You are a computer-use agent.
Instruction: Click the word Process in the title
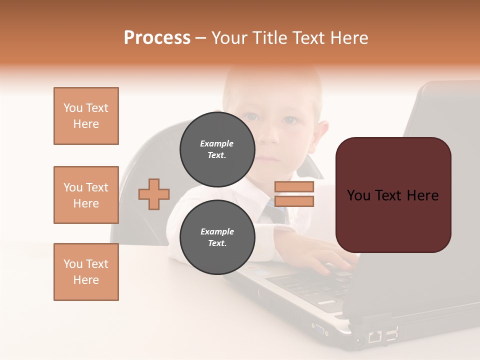click(x=157, y=38)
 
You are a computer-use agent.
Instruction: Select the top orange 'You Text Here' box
click(x=86, y=116)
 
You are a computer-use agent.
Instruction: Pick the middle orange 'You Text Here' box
click(x=86, y=195)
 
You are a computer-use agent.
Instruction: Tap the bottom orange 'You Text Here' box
click(x=86, y=272)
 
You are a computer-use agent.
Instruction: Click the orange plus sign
click(x=154, y=194)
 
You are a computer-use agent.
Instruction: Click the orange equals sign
click(x=294, y=194)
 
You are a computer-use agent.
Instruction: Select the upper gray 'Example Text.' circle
click(x=217, y=149)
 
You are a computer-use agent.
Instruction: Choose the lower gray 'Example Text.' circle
click(x=217, y=237)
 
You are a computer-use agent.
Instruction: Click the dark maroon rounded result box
click(x=393, y=195)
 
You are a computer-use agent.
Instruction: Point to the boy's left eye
click(x=289, y=120)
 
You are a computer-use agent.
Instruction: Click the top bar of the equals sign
click(x=294, y=187)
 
